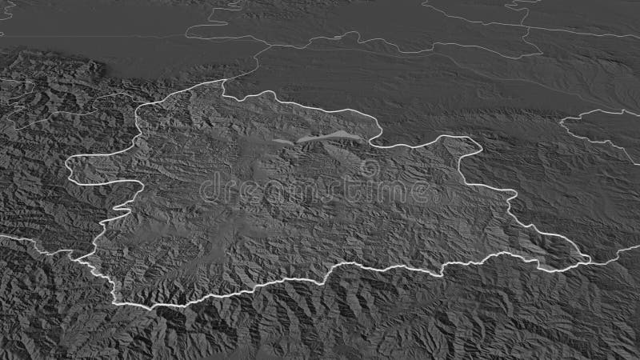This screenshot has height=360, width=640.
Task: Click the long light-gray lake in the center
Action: [324, 136]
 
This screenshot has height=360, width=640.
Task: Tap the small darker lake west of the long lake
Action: [282, 142]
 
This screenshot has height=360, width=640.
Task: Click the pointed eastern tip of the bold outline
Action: [590, 258]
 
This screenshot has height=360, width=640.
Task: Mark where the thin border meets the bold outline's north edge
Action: [222, 82]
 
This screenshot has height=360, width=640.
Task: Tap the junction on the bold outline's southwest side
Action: [80, 258]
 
